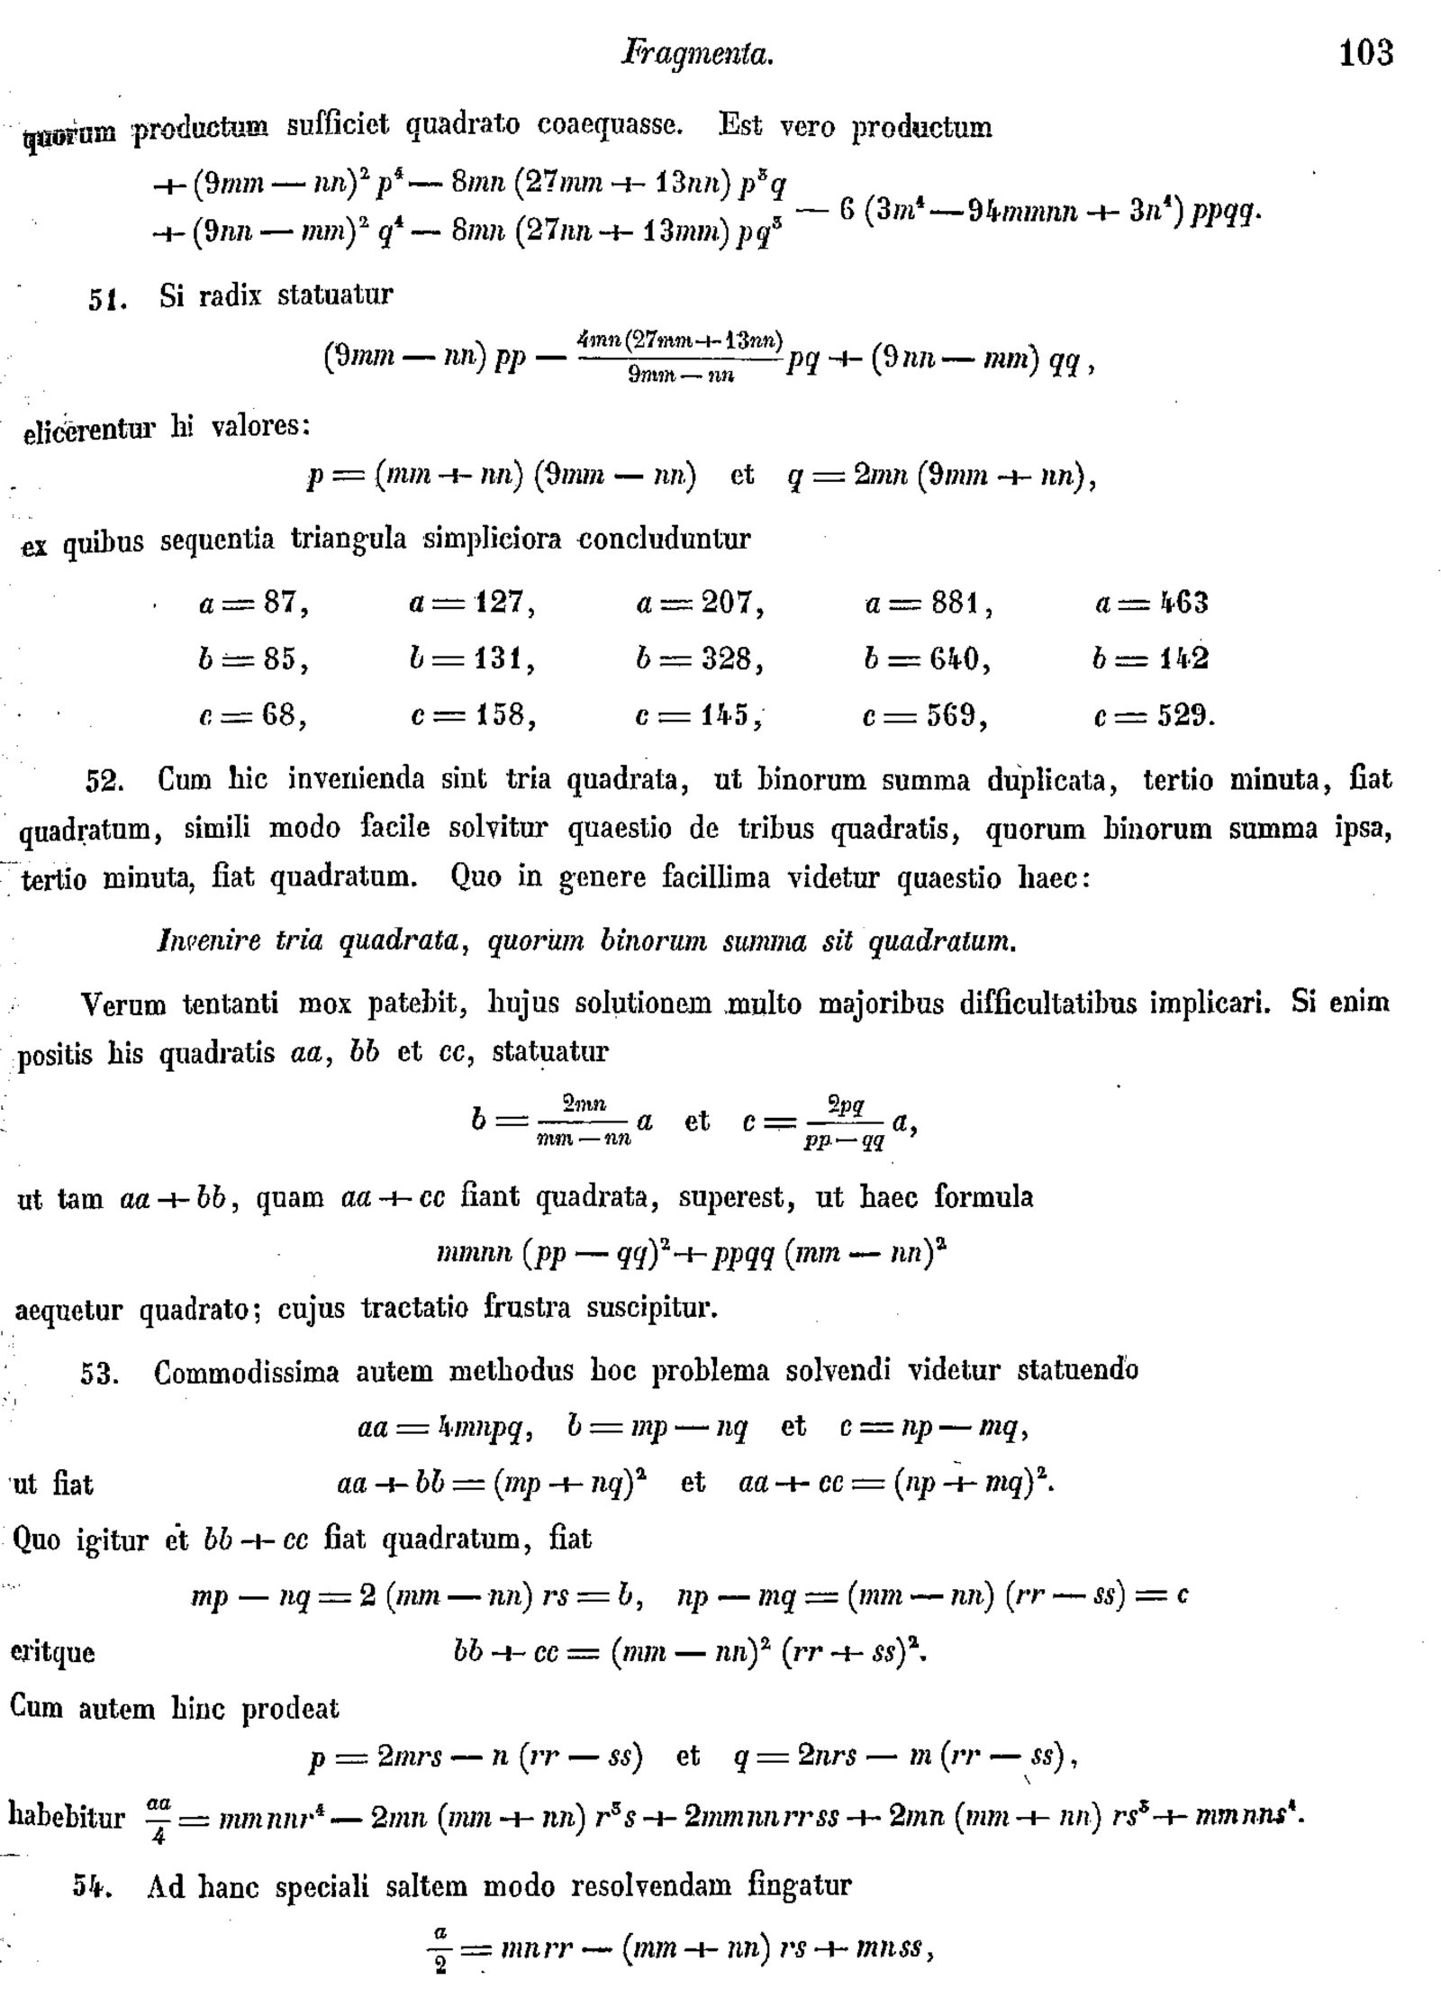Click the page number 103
tap(1365, 53)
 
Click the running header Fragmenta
tap(697, 55)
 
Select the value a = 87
tap(254, 603)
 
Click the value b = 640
tap(927, 659)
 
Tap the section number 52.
tap(104, 780)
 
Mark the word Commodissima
tap(246, 1373)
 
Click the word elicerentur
tap(88, 431)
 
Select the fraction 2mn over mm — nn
tap(584, 1122)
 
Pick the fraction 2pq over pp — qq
tap(845, 1122)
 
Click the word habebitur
tap(66, 1816)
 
